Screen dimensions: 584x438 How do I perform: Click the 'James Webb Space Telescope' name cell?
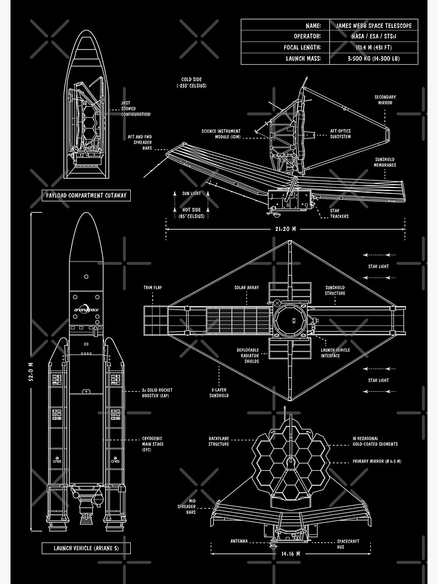point(374,26)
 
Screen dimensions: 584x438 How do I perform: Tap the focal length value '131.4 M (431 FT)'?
point(374,47)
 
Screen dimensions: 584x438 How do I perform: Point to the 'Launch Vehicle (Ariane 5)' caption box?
point(86,548)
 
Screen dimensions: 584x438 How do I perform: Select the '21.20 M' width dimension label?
point(286,230)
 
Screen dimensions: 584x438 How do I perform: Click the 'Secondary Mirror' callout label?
point(385,100)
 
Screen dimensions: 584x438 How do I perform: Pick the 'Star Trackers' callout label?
point(339,213)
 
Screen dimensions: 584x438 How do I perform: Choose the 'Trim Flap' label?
point(152,287)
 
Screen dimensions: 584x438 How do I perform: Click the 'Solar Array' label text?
point(246,287)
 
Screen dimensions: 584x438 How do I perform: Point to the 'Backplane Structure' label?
point(219,441)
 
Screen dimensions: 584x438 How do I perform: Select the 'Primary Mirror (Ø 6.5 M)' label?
point(377,461)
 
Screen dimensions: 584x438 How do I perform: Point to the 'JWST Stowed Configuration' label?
point(135,109)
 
